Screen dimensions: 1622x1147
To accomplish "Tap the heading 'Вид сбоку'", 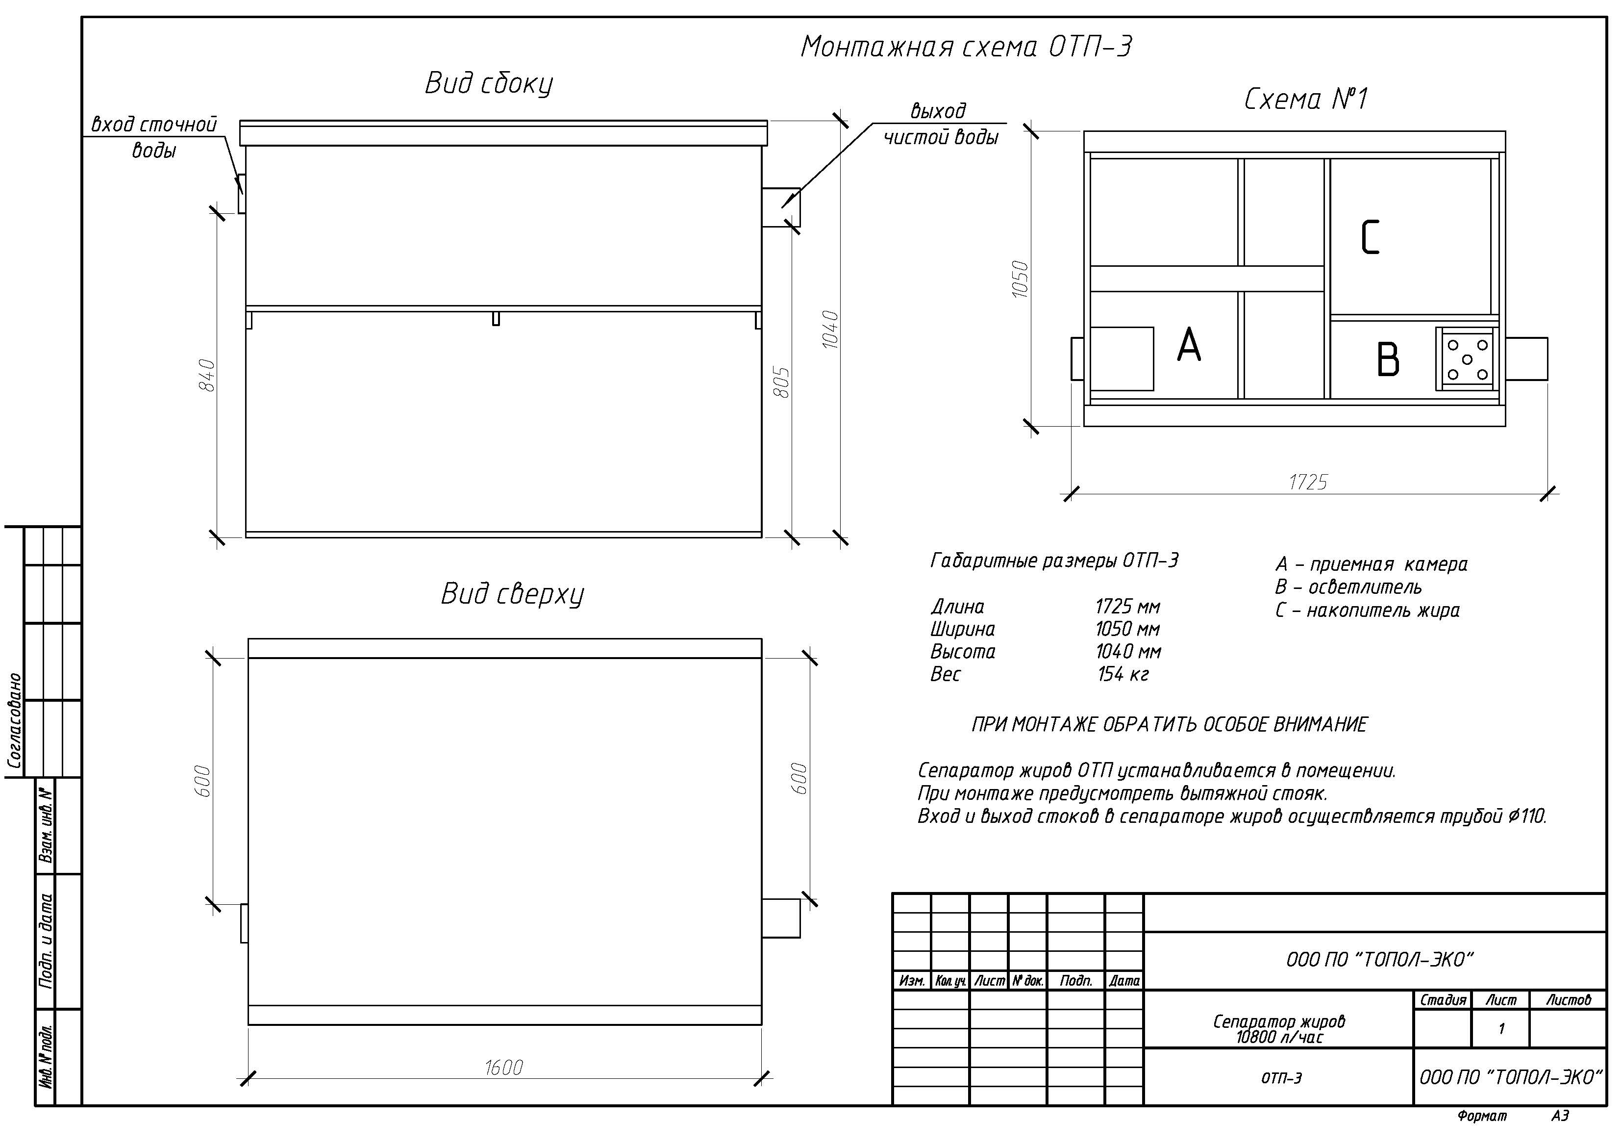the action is coord(488,83).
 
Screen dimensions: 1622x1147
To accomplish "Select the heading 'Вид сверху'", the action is coord(512,594).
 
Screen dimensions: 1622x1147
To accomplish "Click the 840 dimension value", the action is coord(206,375).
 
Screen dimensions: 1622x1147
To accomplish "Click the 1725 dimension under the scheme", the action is coord(1308,482).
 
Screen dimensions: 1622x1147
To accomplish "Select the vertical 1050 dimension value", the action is coord(1020,279).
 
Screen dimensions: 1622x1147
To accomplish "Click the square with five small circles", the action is coord(1467,359).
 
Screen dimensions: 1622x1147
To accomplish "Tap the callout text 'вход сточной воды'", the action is coord(154,137).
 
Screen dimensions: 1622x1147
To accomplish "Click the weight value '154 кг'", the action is coord(1123,674).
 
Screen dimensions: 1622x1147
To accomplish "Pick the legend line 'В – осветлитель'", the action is coord(1348,587).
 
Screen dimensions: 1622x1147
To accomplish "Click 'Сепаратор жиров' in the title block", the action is coord(1279,1021).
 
